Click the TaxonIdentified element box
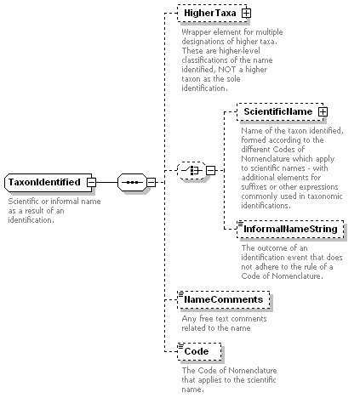pos(49,182)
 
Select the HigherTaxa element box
pos(212,13)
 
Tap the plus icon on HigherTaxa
pos(246,13)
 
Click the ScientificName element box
pos(280,111)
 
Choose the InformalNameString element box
pos(290,229)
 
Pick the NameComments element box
pos(224,299)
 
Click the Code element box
pos(199,351)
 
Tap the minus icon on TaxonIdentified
pos(91,182)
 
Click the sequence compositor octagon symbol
pos(132,182)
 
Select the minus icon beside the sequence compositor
pos(151,182)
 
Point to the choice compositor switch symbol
pos(191,170)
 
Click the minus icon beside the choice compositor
pos(210,170)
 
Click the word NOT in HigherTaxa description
pos(226,70)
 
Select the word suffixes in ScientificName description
pos(254,187)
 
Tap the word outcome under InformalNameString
pos(273,248)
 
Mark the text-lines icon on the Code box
pos(180,346)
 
